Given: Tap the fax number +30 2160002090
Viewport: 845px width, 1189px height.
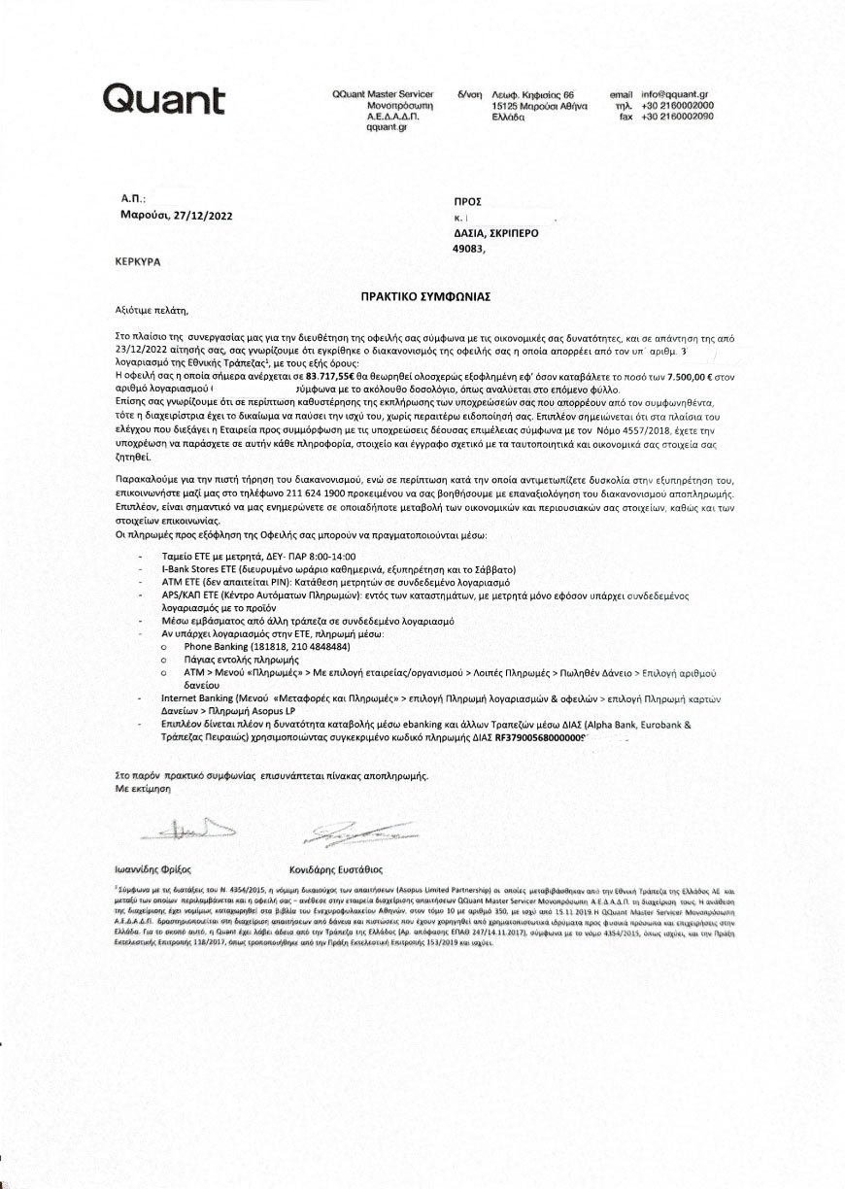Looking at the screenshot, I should pyautogui.click(x=678, y=117).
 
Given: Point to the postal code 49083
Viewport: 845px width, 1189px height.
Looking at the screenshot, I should pyautogui.click(x=473, y=248).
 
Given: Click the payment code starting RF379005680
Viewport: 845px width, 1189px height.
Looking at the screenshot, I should pyautogui.click(x=541, y=737).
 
